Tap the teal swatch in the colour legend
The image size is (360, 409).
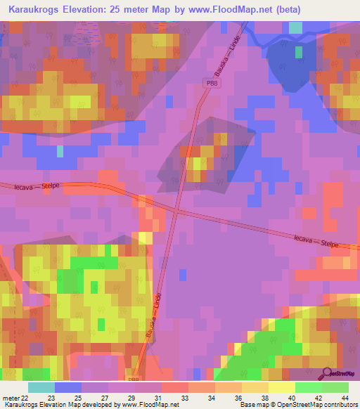(41, 387)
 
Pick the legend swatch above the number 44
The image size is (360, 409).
(335, 387)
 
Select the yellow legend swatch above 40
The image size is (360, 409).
(282, 387)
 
